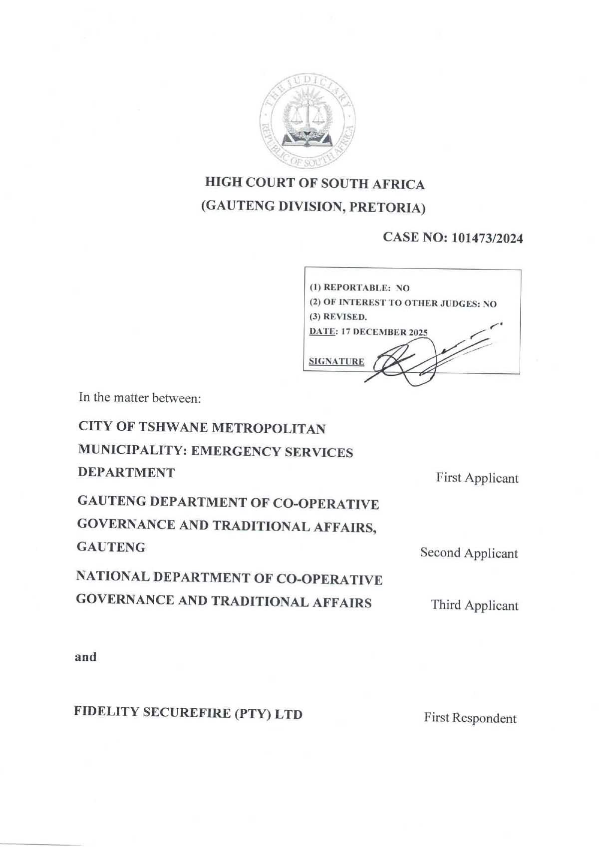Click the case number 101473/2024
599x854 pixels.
click(x=487, y=239)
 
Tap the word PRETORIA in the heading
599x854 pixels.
click(x=387, y=208)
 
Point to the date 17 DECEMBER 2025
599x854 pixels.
click(x=384, y=332)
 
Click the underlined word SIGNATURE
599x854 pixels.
click(x=336, y=361)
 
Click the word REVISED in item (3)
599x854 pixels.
click(x=344, y=317)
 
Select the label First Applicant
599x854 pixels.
click(x=477, y=478)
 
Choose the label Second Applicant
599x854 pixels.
click(x=469, y=553)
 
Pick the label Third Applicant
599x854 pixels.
click(x=475, y=605)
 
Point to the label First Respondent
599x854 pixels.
click(x=470, y=718)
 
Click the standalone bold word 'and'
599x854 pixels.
click(x=85, y=657)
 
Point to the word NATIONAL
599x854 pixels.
click(x=112, y=576)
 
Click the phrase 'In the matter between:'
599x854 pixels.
click(x=140, y=398)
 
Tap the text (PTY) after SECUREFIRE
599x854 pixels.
click(x=253, y=714)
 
